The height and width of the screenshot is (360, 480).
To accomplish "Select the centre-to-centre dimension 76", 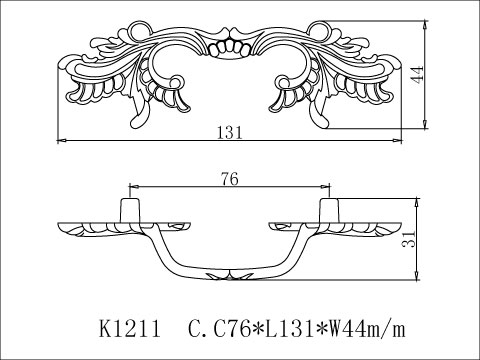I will point(229,180).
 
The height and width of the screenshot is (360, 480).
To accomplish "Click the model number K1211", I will point(135,327).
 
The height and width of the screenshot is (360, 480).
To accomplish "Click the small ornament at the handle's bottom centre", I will point(230,274).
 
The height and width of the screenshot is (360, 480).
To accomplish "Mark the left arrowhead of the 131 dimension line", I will point(61,137).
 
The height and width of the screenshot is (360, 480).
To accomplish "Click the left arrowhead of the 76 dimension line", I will point(133,187).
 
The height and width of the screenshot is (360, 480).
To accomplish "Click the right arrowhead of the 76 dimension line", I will point(327,187).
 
